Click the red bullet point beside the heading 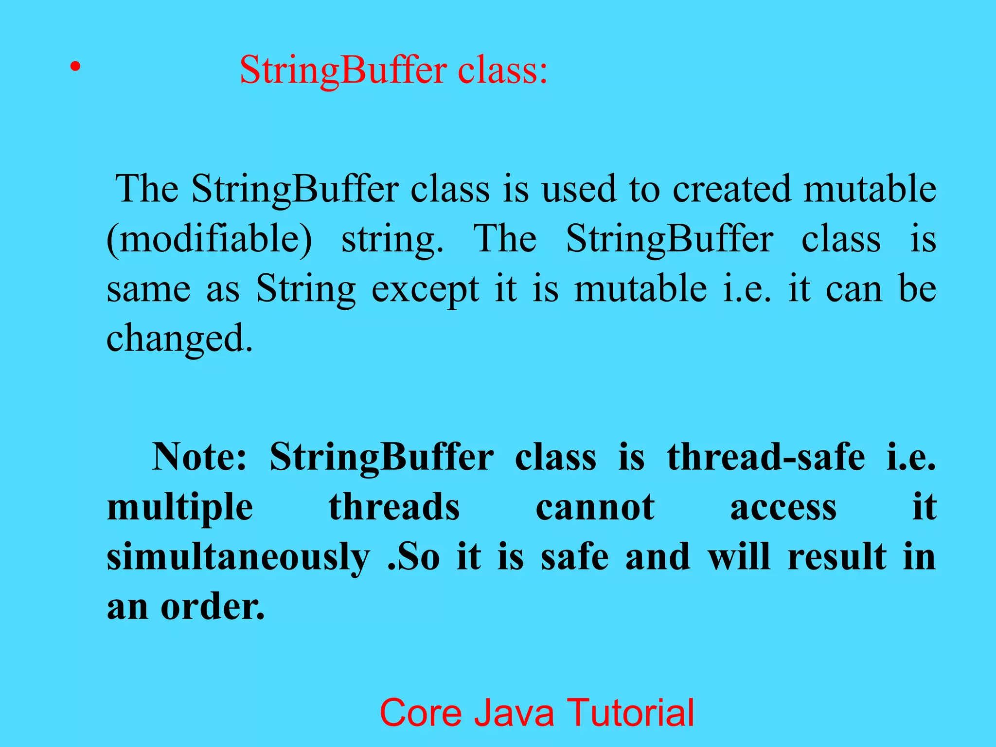pyautogui.click(x=74, y=67)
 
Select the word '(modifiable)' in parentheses pyautogui.click(x=209, y=240)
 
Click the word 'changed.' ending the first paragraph pyautogui.click(x=179, y=339)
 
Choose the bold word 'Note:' pyautogui.click(x=199, y=457)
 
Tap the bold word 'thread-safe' pyautogui.click(x=766, y=457)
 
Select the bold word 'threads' pyautogui.click(x=394, y=507)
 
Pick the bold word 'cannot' pyautogui.click(x=595, y=507)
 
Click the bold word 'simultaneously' pyautogui.click(x=238, y=558)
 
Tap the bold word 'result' pyautogui.click(x=837, y=557)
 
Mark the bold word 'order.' pyautogui.click(x=213, y=607)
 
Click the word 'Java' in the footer pyautogui.click(x=514, y=713)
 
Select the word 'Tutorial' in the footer pyautogui.click(x=631, y=713)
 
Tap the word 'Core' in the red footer pyautogui.click(x=420, y=713)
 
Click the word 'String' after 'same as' pyautogui.click(x=306, y=289)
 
